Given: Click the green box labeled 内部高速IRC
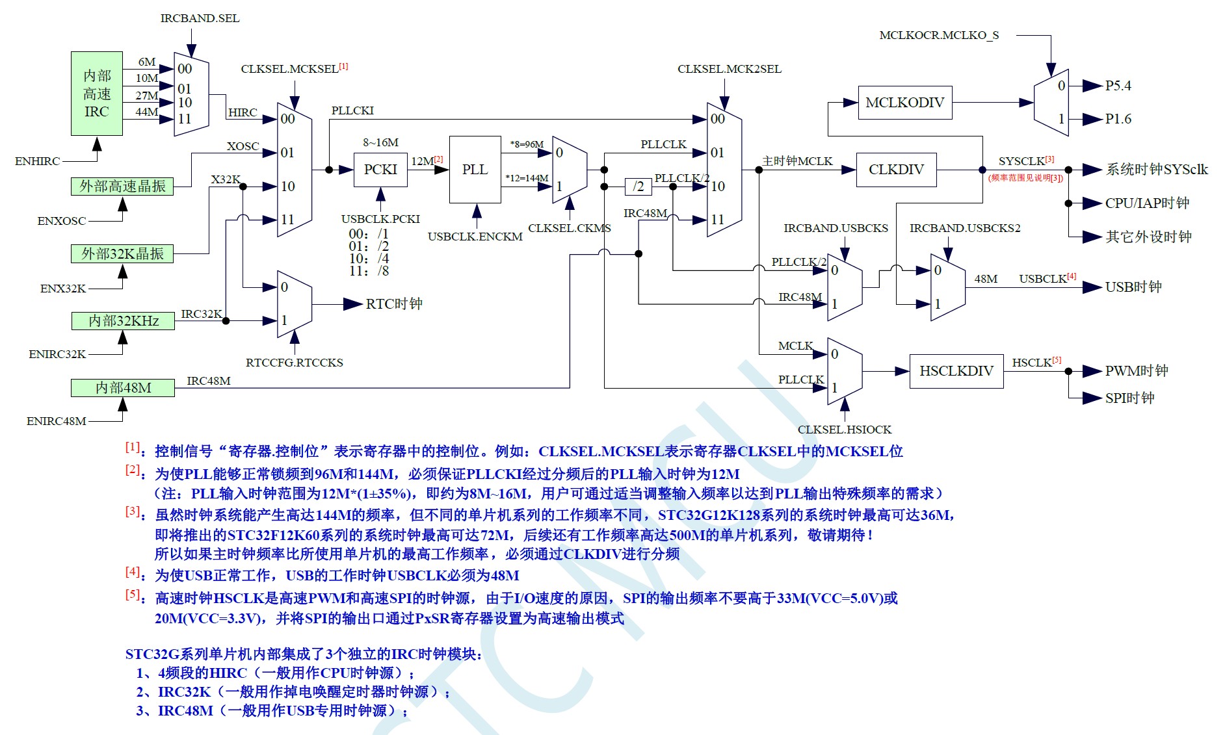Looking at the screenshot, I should (96, 94).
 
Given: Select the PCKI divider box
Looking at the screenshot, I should (380, 170).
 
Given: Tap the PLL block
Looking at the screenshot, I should (475, 170).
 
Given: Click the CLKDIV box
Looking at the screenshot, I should (896, 170).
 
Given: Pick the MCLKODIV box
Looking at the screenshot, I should (904, 103).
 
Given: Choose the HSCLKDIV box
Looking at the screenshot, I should (956, 371).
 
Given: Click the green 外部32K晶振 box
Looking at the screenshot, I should (122, 253).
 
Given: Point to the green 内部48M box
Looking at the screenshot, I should (122, 388).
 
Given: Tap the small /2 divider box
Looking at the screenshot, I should (639, 187).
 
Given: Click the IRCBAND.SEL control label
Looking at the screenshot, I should (200, 18).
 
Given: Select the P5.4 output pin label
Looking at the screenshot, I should (1118, 86).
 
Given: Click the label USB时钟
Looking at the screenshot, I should (1133, 287).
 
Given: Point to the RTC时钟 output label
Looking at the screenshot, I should (394, 303).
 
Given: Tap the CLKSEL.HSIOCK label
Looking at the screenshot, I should (844, 430).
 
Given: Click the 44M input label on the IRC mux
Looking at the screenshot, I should (147, 112).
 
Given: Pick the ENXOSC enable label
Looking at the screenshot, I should (61, 221).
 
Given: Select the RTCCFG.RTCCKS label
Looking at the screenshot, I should (294, 363).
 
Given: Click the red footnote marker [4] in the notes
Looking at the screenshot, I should (133, 572).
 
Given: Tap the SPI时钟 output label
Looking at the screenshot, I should (1129, 398).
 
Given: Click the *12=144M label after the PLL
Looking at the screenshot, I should (527, 178).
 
